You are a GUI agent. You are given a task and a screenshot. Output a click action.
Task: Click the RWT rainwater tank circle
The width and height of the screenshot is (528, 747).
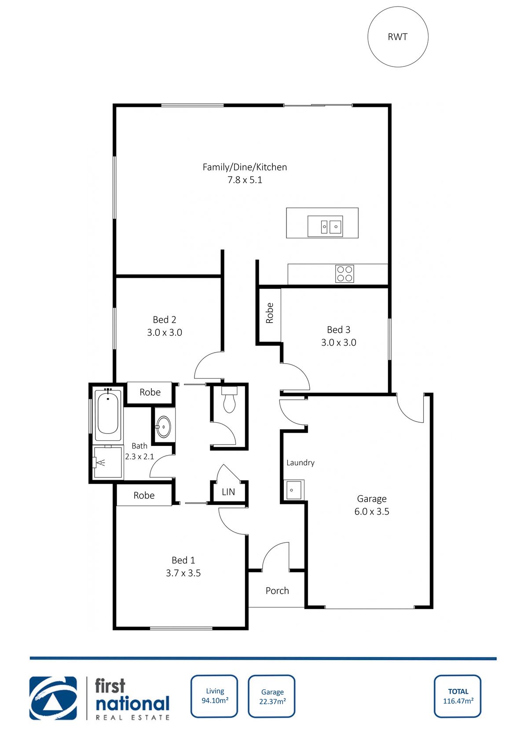398,37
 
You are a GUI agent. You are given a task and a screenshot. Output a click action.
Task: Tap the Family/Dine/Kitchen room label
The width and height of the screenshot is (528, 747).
245,167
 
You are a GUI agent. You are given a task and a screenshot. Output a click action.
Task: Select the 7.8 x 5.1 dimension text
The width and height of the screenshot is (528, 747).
245,180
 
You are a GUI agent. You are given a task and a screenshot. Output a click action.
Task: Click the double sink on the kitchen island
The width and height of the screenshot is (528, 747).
325,227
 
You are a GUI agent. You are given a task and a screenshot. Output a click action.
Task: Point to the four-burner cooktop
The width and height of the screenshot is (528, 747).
345,274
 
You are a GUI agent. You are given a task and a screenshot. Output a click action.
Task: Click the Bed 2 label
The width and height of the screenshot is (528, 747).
165,320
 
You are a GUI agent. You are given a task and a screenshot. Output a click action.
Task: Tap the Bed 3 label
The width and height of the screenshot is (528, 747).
338,330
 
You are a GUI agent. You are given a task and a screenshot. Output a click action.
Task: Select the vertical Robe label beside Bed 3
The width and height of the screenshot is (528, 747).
270,313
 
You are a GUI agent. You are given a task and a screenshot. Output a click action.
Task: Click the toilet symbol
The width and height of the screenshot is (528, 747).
229,400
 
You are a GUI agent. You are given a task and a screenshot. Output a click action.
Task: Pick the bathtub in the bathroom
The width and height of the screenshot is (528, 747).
108,414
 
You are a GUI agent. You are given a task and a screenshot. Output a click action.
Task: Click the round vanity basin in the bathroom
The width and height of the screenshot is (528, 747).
163,427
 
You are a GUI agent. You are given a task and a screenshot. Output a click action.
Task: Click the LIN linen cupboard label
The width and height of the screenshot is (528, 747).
228,492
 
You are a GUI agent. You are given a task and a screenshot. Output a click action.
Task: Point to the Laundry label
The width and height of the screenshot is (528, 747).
301,463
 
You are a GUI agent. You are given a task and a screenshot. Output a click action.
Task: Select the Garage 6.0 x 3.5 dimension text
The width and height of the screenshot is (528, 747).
372,511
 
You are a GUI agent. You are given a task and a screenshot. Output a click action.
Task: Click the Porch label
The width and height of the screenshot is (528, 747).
277,591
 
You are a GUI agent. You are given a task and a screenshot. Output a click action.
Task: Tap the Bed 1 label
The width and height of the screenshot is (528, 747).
183,560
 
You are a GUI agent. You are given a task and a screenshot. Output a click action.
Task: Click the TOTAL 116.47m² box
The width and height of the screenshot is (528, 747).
458,696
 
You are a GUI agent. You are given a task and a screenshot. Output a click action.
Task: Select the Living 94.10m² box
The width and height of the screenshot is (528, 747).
214,696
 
